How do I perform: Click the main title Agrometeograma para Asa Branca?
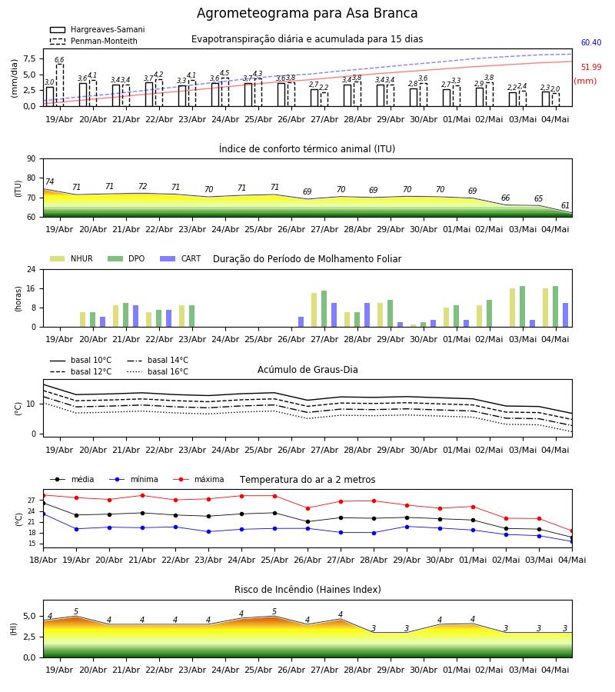point(307,13)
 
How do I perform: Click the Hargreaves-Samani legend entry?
point(98,29)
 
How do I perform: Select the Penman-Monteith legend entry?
point(94,41)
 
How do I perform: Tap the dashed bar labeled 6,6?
point(59,85)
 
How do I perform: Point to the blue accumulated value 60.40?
point(591,42)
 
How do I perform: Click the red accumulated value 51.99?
point(591,67)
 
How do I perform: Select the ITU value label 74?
point(49,181)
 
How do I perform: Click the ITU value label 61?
point(565,205)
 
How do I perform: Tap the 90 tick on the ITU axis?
point(32,159)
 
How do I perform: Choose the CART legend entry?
point(181,258)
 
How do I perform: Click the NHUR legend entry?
point(71,258)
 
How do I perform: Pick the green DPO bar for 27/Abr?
point(324,309)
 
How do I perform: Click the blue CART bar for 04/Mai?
point(565,315)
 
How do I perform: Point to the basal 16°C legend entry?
point(158,371)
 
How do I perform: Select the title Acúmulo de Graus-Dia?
point(307,370)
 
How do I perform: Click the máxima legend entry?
point(198,479)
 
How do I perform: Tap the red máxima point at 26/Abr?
point(308,508)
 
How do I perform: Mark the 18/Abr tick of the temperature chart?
point(43,560)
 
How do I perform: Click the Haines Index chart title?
point(307,590)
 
